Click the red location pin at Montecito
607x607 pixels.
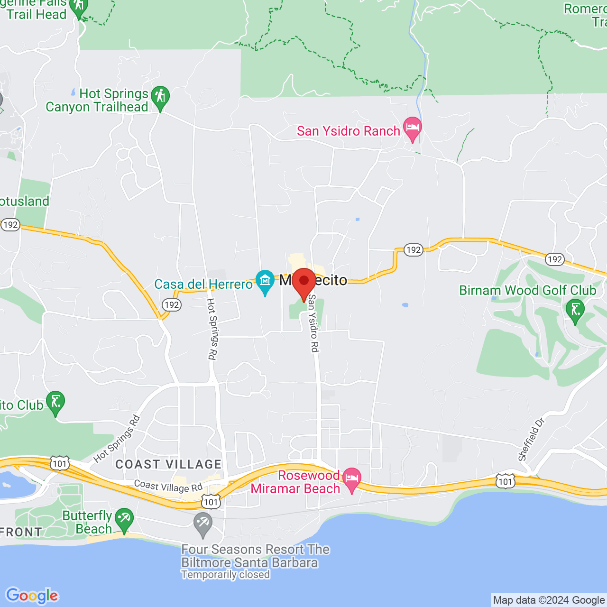[303, 282]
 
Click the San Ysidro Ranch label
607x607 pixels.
[349, 131]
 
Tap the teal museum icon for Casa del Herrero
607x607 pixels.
[265, 281]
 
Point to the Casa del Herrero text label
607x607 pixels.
[203, 285]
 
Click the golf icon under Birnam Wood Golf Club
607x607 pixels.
[575, 311]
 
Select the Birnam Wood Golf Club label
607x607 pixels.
[527, 290]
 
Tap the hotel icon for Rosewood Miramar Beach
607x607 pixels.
[351, 478]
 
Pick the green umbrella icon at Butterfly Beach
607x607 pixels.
[124, 519]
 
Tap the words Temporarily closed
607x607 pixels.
[225, 575]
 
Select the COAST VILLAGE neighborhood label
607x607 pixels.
[168, 464]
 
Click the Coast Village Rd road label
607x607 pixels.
[168, 487]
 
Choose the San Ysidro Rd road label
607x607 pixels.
[313, 323]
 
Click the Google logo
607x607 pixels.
[32, 596]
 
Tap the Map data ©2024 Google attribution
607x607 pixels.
[549, 600]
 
